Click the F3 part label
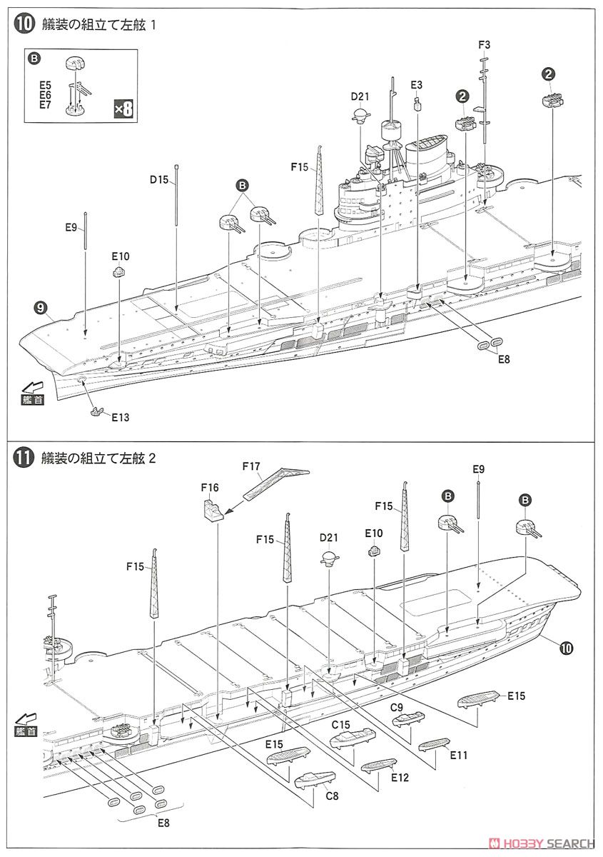[484, 45]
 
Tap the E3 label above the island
[417, 85]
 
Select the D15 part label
[159, 180]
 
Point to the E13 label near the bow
[121, 416]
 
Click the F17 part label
[250, 466]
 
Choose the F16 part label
[210, 488]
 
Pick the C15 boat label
[340, 724]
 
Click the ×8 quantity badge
[124, 109]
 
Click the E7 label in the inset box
[46, 105]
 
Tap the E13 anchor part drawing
[98, 411]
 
